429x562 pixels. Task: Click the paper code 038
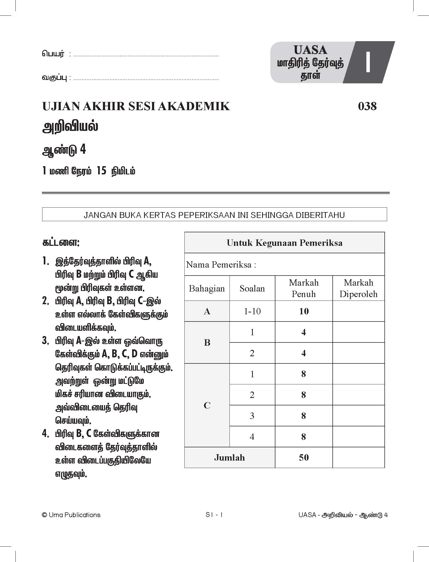coord(367,106)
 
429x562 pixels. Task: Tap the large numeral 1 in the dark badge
coord(368,62)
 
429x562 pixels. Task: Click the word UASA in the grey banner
coord(310,50)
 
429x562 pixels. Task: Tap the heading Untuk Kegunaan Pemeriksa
coord(284,243)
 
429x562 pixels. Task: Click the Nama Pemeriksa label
coord(221,264)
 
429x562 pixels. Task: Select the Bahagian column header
coord(207,288)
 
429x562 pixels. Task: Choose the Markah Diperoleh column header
coord(358,288)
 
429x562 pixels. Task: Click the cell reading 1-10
coord(252,311)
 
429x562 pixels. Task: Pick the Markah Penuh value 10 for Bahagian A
coord(304,311)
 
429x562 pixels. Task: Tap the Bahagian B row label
coord(207,342)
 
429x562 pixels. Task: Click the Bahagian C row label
coord(207,405)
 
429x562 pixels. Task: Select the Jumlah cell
coord(229,458)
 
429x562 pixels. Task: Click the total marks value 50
coord(304,458)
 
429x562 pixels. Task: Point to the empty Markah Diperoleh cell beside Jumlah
coord(358,458)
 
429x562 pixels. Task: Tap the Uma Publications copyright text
coord(71,515)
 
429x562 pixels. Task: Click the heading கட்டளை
coord(61,243)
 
